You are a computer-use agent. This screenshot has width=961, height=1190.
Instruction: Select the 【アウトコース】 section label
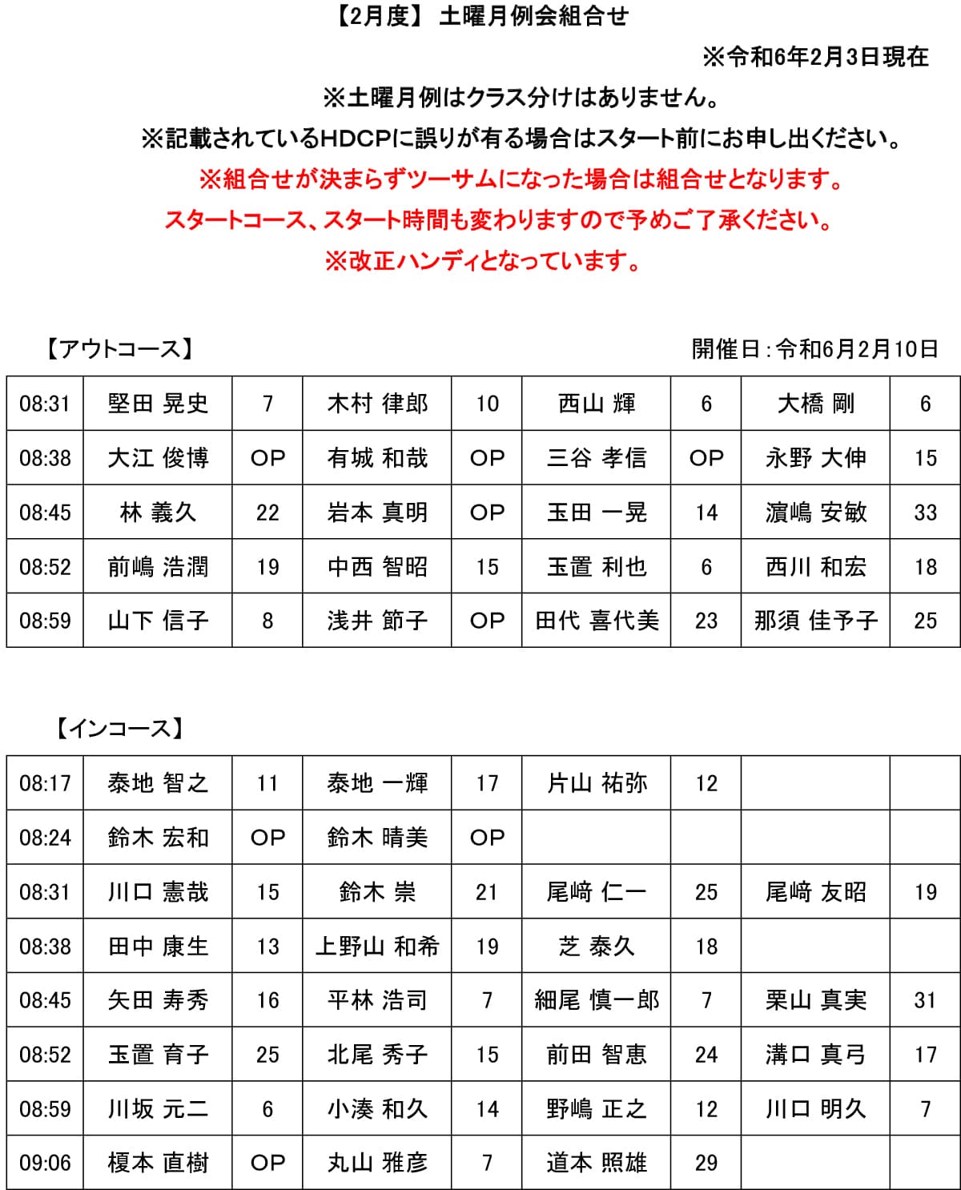point(119,349)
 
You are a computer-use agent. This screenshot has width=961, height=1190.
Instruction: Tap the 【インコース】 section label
point(120,728)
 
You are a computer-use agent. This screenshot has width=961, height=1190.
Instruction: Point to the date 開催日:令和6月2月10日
point(814,349)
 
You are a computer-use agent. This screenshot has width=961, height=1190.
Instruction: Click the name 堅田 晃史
point(158,404)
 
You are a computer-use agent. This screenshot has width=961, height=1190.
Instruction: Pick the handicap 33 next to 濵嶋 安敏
point(925,513)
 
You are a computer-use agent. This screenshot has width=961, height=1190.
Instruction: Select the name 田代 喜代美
point(597,621)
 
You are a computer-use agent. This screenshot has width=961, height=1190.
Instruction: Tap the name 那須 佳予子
point(815,621)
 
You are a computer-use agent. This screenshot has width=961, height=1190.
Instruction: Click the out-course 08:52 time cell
point(45,567)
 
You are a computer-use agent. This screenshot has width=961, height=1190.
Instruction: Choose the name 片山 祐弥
point(597,783)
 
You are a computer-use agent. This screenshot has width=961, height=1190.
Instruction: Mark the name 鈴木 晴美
point(377,838)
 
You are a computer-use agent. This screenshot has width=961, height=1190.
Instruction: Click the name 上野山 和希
point(377,947)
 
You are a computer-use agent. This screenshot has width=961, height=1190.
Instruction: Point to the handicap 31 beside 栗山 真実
point(925,1000)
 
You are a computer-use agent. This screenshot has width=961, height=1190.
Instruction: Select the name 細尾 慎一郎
point(597,1000)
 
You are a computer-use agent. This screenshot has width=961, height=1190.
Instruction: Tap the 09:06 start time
point(45,1163)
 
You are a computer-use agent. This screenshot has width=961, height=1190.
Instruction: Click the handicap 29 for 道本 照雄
point(706,1163)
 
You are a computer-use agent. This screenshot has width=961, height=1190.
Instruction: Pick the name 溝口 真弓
point(815,1055)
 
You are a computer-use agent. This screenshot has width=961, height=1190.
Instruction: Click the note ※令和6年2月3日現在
point(815,57)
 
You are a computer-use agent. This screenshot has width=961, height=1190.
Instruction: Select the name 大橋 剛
point(815,404)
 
